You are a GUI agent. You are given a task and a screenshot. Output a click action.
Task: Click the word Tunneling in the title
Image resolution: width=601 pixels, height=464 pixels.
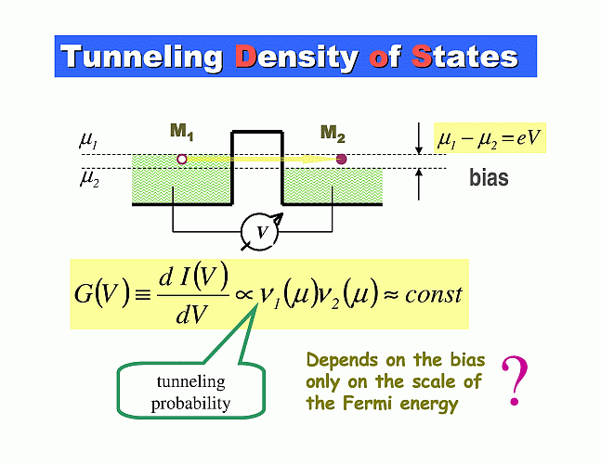click(141, 58)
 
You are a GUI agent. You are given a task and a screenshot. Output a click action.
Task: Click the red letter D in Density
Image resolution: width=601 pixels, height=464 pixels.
click(245, 56)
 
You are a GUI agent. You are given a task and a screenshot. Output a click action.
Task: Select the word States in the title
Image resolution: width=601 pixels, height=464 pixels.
click(464, 57)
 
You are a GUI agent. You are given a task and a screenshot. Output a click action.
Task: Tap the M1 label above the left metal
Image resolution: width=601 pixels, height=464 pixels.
click(182, 132)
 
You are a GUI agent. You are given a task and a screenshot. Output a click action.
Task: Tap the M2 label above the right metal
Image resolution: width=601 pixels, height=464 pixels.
click(333, 134)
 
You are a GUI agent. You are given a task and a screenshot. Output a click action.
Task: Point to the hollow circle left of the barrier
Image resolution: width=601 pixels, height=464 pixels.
click(182, 159)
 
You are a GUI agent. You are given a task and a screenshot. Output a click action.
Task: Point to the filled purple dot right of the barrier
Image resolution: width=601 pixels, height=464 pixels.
click(341, 159)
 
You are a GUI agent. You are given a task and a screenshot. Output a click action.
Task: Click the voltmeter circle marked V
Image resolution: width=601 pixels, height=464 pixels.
click(259, 232)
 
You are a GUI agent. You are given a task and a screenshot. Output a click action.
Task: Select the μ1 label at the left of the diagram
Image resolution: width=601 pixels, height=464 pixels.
click(88, 140)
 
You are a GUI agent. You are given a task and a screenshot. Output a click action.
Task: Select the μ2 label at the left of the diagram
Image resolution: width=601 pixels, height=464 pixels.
click(89, 179)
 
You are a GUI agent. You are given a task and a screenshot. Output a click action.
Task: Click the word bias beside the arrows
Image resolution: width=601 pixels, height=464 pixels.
click(489, 178)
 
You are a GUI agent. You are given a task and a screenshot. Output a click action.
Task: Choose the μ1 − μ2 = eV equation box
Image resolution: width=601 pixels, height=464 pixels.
click(490, 138)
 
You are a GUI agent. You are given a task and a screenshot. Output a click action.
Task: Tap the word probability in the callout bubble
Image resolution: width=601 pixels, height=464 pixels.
click(190, 404)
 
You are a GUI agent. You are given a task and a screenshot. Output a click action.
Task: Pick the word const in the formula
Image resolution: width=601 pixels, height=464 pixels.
click(434, 295)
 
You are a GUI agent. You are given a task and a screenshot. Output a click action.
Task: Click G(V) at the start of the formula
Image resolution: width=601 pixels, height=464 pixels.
click(101, 294)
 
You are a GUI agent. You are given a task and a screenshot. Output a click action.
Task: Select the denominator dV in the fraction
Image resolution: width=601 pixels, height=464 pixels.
click(191, 314)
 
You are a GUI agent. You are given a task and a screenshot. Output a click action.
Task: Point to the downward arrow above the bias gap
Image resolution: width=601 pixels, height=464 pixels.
click(419, 138)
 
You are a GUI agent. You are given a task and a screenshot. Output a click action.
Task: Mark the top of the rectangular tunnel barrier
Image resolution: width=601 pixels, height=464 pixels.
click(257, 132)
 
